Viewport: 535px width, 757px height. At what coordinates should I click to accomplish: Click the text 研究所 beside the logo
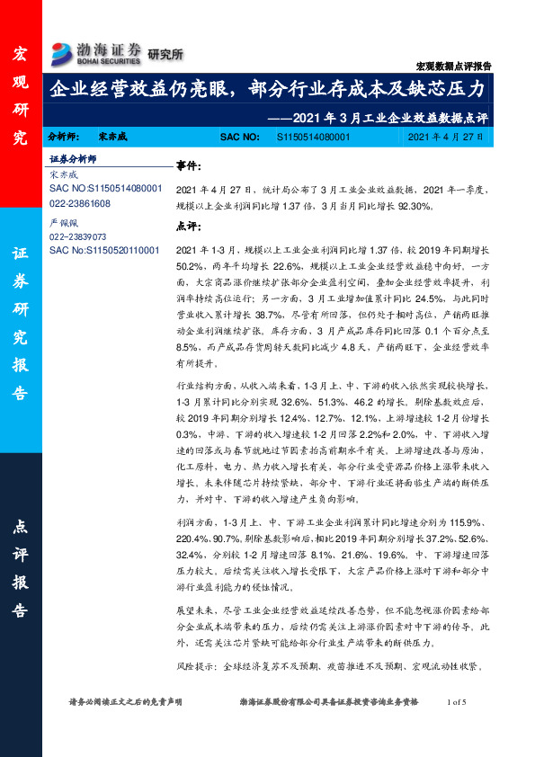click(165, 54)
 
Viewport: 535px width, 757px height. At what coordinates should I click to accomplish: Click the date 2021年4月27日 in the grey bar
click(444, 138)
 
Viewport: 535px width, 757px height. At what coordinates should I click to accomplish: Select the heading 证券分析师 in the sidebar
click(73, 158)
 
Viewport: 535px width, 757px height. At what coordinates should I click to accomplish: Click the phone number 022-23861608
click(80, 204)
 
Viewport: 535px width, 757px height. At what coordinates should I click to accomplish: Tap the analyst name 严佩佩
click(62, 221)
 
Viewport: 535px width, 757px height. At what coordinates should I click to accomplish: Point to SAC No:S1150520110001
click(104, 249)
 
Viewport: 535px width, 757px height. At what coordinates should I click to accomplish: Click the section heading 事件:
click(189, 167)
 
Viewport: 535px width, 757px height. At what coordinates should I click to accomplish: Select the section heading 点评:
click(189, 227)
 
